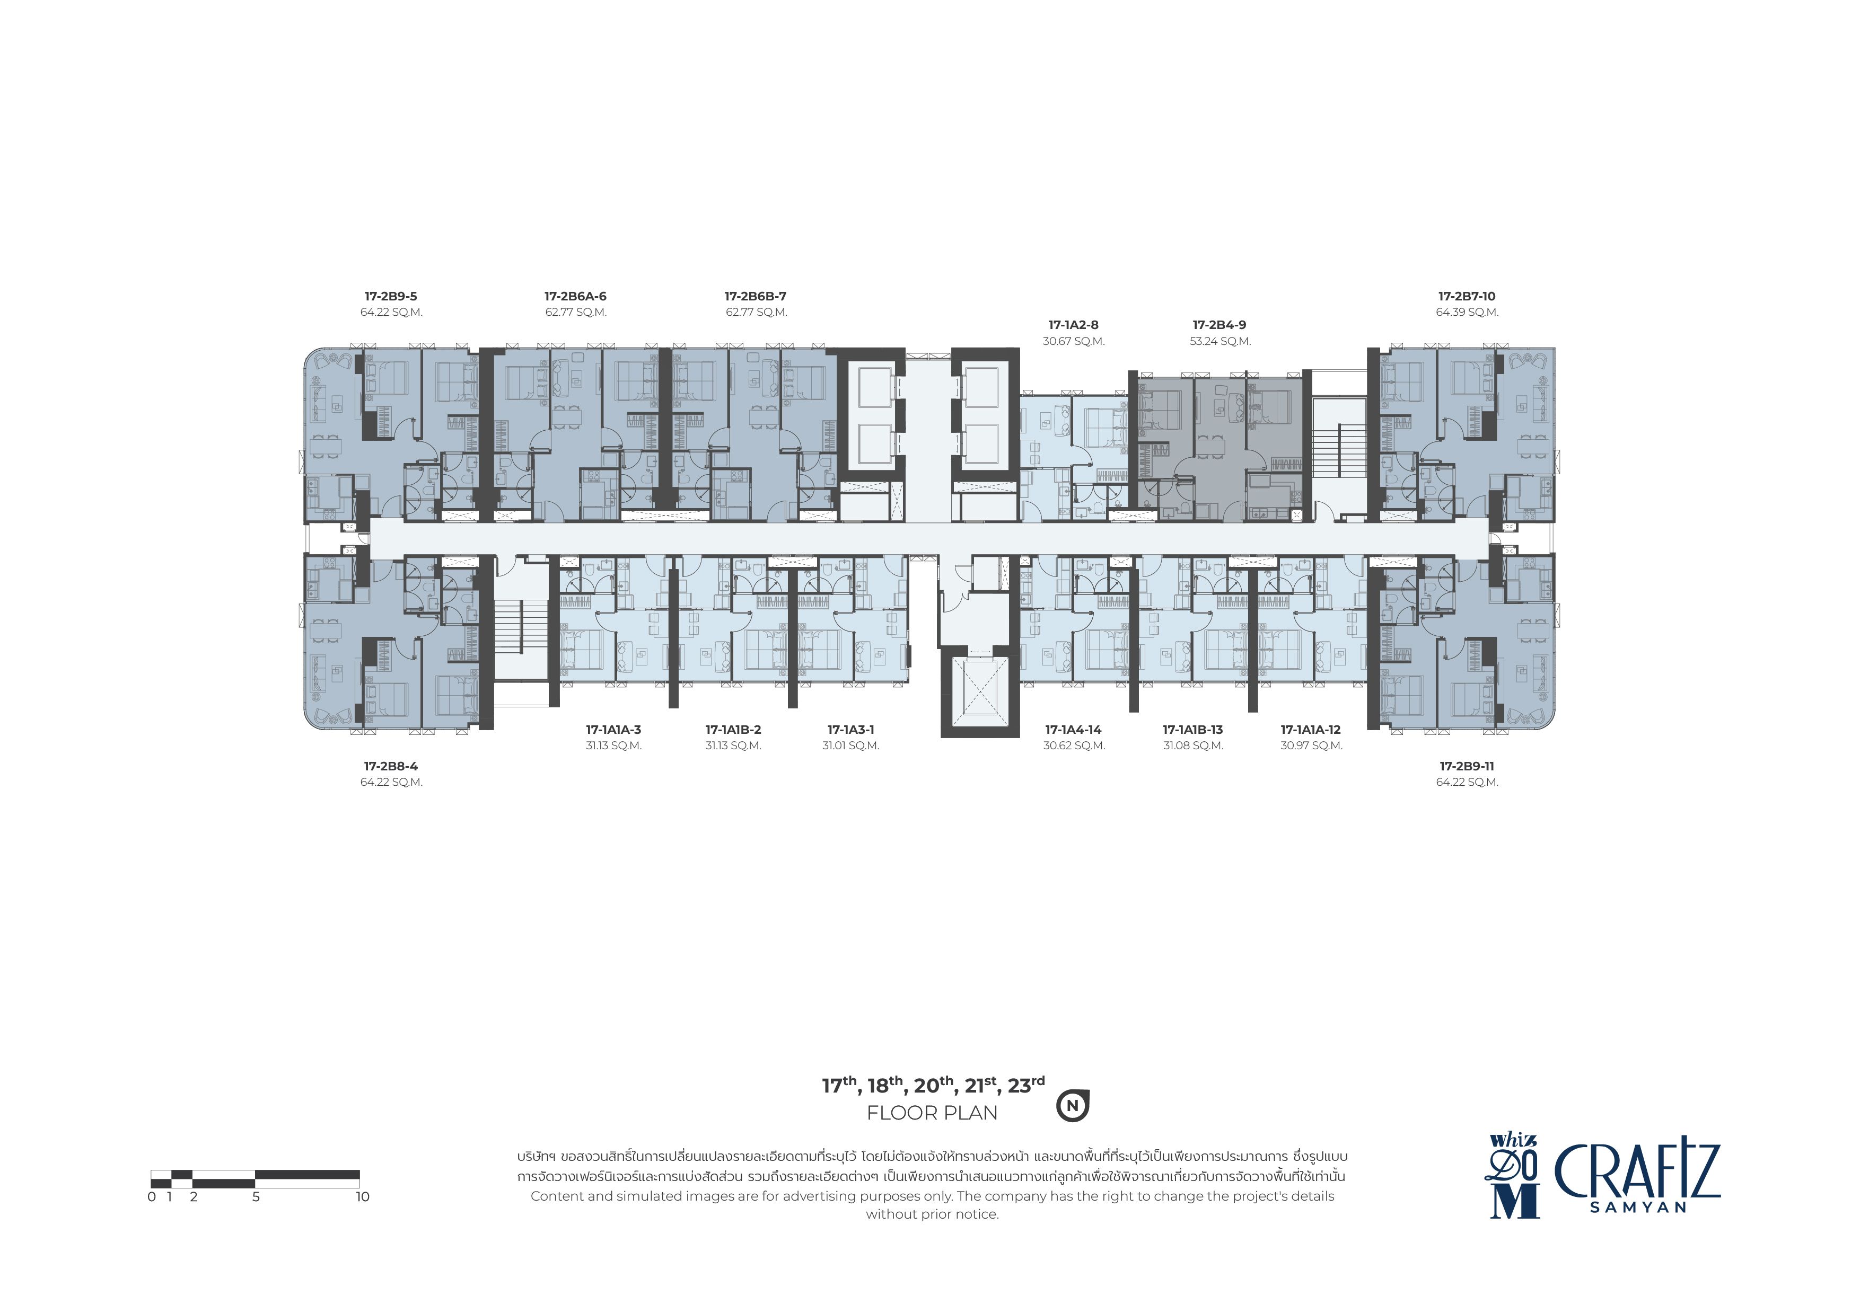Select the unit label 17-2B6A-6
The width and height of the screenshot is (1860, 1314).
[x=575, y=296]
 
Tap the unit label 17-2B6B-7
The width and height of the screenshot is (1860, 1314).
[x=755, y=296]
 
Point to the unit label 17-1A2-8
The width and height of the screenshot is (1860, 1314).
[x=1073, y=325]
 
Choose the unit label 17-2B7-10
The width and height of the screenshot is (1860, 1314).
[x=1467, y=296]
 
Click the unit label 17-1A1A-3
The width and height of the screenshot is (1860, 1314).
[x=613, y=730]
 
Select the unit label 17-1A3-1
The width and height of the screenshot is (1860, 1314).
[x=850, y=730]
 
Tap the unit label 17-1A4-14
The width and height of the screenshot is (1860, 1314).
[x=1073, y=730]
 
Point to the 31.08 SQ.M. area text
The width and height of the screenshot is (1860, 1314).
[x=1194, y=745]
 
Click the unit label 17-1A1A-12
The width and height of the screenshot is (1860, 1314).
[x=1311, y=730]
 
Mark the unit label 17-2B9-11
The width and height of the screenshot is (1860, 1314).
[x=1467, y=767]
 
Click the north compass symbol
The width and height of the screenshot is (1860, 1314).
[x=1073, y=1105]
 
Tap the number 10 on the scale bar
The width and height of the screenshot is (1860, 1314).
[x=362, y=1196]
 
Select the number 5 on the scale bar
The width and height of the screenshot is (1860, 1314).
[x=256, y=1196]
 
